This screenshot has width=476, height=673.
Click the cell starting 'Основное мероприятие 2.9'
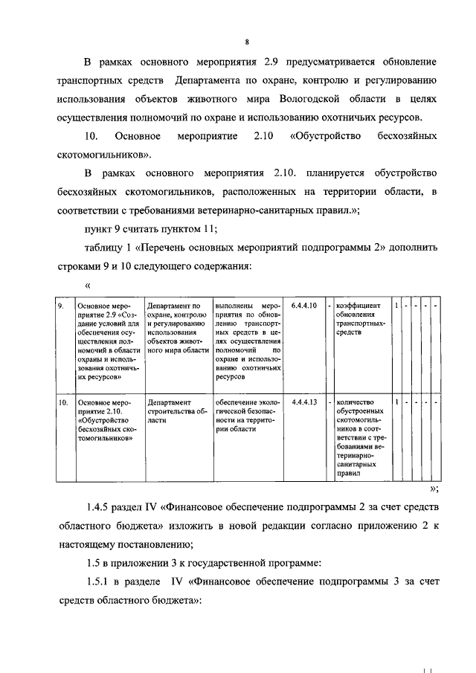pyautogui.click(x=106, y=341)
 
